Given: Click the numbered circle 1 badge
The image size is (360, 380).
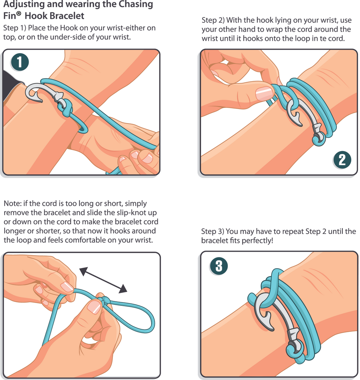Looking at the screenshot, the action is pyautogui.click(x=20, y=62).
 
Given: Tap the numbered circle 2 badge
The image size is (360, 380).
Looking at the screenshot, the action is pyautogui.click(x=342, y=160).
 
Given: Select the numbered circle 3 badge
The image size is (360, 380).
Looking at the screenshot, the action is pyautogui.click(x=219, y=266).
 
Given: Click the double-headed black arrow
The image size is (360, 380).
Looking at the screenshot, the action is pyautogui.click(x=103, y=280).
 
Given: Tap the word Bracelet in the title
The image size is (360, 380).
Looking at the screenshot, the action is pyautogui.click(x=66, y=16).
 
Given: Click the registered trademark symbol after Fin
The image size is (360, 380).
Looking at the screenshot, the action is pyautogui.click(x=19, y=13).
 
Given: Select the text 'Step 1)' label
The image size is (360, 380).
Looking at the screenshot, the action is pyautogui.click(x=14, y=28).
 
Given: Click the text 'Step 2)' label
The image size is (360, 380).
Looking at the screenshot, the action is pyautogui.click(x=213, y=20).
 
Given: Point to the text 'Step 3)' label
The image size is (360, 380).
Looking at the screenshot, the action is pyautogui.click(x=213, y=232).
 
